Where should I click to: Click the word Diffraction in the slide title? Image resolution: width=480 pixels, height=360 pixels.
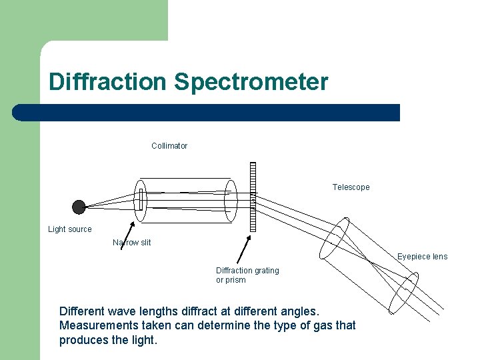coord(107,82)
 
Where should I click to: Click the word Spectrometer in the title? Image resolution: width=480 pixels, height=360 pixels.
coord(251,82)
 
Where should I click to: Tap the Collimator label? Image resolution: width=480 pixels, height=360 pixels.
coord(169,146)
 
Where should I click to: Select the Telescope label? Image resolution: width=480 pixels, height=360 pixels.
coord(351,187)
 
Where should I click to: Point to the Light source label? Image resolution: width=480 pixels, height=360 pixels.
coord(70,229)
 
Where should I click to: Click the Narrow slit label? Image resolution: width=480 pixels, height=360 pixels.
coord(132,243)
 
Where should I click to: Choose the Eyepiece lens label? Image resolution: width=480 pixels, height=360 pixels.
coord(423,257)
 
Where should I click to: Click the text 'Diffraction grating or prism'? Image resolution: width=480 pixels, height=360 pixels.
coord(247,275)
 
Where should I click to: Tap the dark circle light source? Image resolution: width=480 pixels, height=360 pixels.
coord(79,207)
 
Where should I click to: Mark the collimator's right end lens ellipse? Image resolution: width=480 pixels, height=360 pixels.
coord(231,201)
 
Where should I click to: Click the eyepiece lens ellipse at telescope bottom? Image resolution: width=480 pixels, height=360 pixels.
coord(403,291)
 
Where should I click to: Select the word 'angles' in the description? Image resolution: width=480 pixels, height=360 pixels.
coord(301,311)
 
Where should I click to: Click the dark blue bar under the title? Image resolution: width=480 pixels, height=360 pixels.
coord(207,113)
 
